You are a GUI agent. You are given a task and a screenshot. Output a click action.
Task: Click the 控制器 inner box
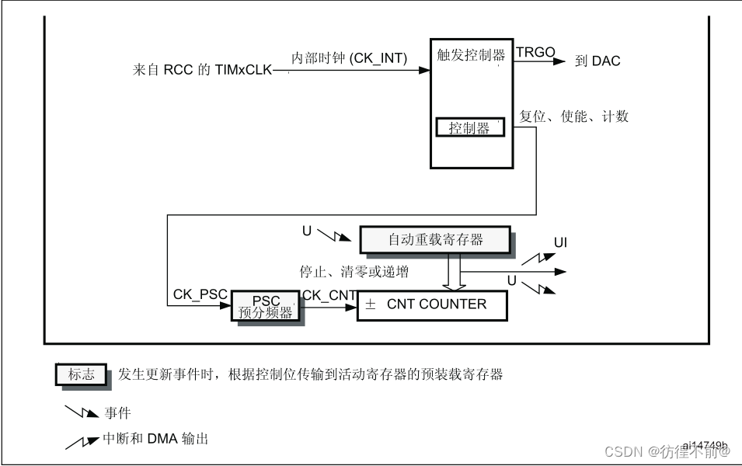(x=469, y=128)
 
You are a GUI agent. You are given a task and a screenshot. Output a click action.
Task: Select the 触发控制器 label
(x=471, y=55)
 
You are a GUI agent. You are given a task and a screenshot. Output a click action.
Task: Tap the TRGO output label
(x=536, y=53)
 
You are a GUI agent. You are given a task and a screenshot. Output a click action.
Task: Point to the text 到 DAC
(x=597, y=61)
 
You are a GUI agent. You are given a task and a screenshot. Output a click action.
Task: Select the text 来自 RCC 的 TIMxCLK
(x=203, y=71)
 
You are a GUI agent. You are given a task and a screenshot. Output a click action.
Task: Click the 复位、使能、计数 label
(x=573, y=116)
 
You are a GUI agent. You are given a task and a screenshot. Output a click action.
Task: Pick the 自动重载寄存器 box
(x=435, y=239)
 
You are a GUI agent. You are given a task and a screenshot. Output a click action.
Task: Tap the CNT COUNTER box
(x=432, y=305)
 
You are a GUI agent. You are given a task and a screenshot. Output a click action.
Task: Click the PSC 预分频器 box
(x=266, y=307)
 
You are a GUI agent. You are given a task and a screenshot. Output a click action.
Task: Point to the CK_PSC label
(x=200, y=295)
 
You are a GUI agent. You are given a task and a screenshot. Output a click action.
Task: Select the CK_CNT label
(x=329, y=295)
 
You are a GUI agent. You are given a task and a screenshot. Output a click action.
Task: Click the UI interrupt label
(x=560, y=243)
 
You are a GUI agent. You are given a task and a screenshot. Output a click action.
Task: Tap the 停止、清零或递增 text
(x=354, y=272)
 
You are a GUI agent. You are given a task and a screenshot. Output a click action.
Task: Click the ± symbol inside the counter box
(x=371, y=305)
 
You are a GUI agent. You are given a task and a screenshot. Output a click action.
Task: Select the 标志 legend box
(x=81, y=374)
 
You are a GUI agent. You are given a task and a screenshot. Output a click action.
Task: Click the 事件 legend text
(x=117, y=412)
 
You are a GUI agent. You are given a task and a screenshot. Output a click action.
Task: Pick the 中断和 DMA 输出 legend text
(x=155, y=440)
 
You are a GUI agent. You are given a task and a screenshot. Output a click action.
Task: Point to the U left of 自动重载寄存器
(x=306, y=230)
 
